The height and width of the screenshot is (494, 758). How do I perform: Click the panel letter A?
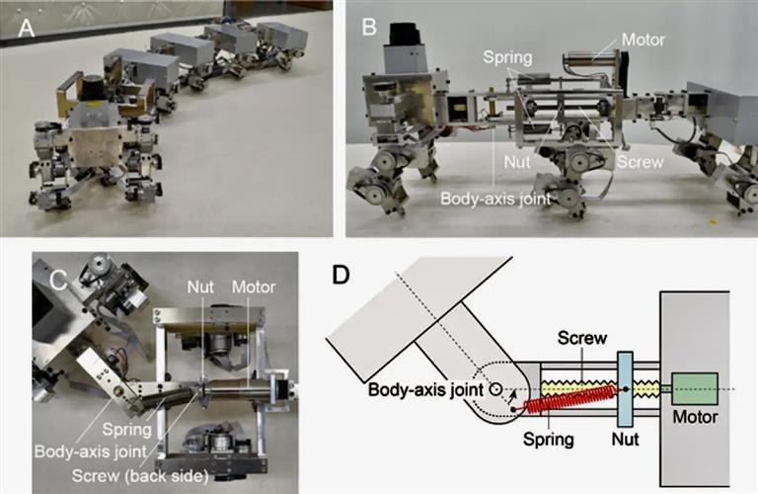(26, 30)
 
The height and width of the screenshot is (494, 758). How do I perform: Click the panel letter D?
(341, 274)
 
